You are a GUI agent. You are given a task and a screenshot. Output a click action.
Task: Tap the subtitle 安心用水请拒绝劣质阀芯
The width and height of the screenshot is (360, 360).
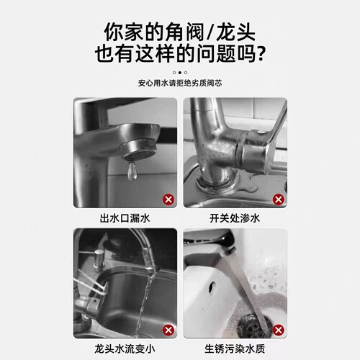180,84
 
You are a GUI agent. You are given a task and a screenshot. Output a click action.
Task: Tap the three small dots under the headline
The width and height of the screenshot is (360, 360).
180,73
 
